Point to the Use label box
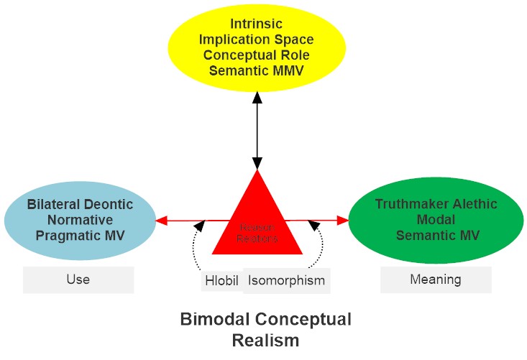[x=78, y=280]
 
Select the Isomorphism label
[x=286, y=280]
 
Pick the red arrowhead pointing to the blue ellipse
[x=161, y=221]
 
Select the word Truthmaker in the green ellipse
[x=403, y=204]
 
